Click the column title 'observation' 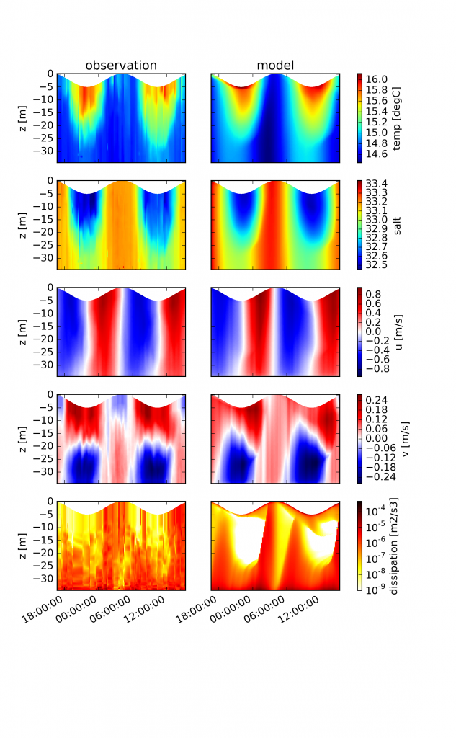pyautogui.click(x=121, y=66)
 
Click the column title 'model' pyautogui.click(x=275, y=66)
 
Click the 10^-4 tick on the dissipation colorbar pyautogui.click(x=380, y=510)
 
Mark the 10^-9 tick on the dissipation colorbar pyautogui.click(x=380, y=590)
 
